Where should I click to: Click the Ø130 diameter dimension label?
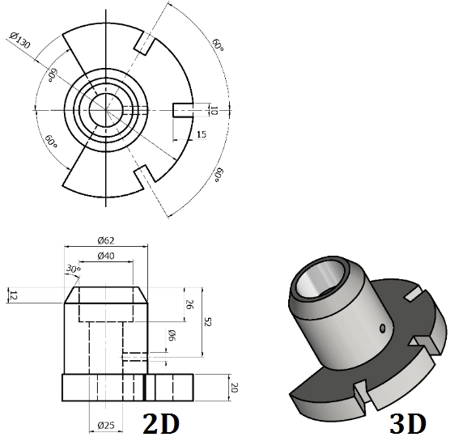pyautogui.click(x=19, y=40)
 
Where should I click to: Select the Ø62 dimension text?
pyautogui.click(x=107, y=240)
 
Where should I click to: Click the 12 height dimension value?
pyautogui.click(x=12, y=295)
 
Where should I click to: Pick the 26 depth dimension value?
pyautogui.click(x=190, y=305)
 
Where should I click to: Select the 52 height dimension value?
pyautogui.click(x=206, y=321)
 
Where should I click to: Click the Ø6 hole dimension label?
pyautogui.click(x=172, y=335)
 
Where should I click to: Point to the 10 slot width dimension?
pyautogui.click(x=214, y=109)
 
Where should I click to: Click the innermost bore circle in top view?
pyautogui.click(x=105, y=109)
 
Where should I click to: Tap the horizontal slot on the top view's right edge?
pyautogui.click(x=184, y=109)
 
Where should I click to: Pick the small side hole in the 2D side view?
pyautogui.click(x=134, y=354)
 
